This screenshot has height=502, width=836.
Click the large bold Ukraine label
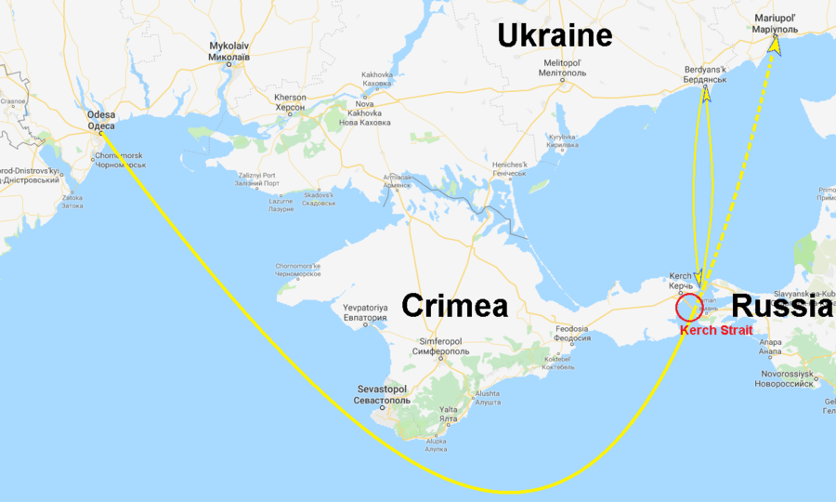point(555,35)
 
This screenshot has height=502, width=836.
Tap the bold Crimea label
point(453,306)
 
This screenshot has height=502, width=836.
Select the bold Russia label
point(781,305)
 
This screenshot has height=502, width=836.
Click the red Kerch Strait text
point(716,330)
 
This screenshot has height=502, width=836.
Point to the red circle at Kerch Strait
point(689,308)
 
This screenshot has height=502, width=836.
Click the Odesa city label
point(101,121)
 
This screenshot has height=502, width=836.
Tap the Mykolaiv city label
point(229,50)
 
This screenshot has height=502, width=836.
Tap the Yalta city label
point(448,414)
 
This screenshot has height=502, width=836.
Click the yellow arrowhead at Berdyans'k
point(707,93)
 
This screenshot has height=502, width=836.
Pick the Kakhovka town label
point(377,79)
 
